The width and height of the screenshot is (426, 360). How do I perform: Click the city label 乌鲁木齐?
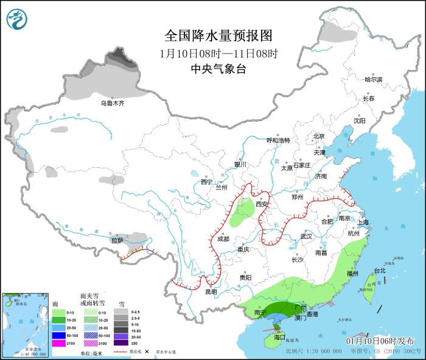pyautogui.click(x=113, y=103)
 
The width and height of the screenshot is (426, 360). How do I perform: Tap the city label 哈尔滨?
pyautogui.click(x=373, y=80)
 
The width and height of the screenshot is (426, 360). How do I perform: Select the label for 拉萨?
pyautogui.click(x=117, y=240)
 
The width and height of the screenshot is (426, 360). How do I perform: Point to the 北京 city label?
pyautogui.click(x=319, y=136)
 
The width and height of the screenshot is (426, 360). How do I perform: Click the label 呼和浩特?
pyautogui.click(x=279, y=140)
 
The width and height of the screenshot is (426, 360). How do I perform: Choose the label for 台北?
pyautogui.click(x=380, y=271)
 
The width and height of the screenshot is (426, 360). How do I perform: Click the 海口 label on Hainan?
pyautogui.click(x=279, y=336)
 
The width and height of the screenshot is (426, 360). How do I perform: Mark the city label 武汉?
pyautogui.click(x=306, y=236)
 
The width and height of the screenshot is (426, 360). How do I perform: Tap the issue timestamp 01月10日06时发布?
pyautogui.click(x=380, y=341)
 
